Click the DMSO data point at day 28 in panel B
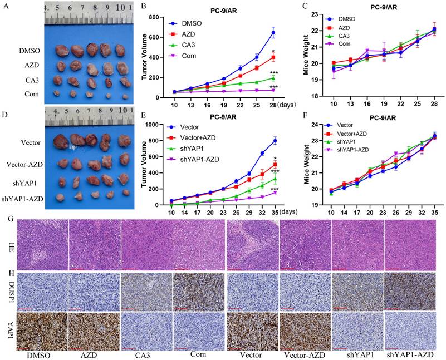(273, 33)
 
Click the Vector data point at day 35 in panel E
(275, 141)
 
